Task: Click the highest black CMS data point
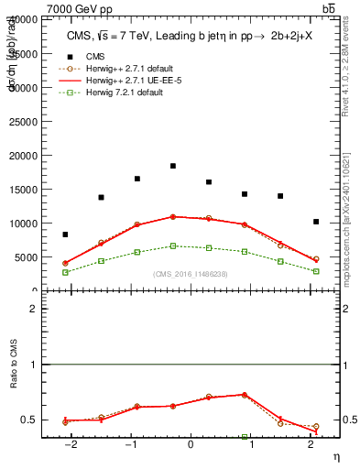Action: point(173,166)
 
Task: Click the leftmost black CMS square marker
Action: point(65,234)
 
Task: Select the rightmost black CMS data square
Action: point(316,222)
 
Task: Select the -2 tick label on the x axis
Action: point(69,444)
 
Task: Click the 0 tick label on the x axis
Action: point(191,444)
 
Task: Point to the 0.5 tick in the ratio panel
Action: point(30,420)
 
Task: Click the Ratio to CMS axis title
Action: point(14,388)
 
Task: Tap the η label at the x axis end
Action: point(334,455)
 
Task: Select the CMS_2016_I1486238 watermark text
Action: point(191,274)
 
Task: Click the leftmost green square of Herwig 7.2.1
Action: point(65,272)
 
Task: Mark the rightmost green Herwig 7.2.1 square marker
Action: point(316,271)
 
